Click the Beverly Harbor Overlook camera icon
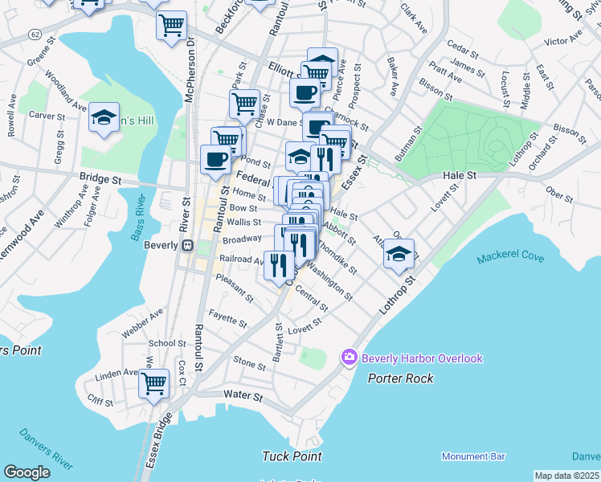[349, 357]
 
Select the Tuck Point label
[292, 456]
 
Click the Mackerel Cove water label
[509, 259]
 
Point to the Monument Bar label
[473, 456]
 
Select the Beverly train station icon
[187, 246]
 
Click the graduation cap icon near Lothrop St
[399, 254]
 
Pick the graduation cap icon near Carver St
[104, 118]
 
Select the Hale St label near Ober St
[460, 175]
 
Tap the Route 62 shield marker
[35, 35]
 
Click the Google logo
[27, 472]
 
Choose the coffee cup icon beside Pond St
[215, 158]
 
